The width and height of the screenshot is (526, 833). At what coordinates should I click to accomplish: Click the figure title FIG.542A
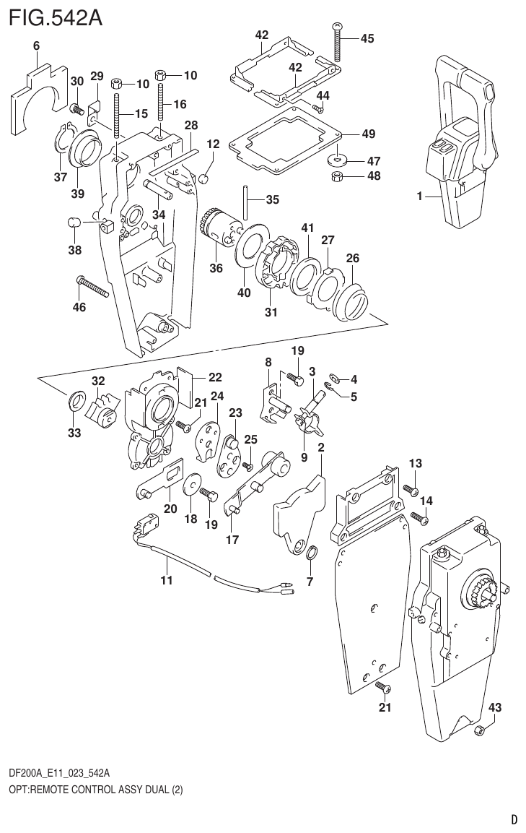point(54,17)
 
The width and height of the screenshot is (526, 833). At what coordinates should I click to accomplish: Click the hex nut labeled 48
point(336,176)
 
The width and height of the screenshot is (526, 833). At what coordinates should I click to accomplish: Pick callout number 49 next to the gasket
point(368,134)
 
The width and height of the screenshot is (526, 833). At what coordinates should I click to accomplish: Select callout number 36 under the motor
point(216,267)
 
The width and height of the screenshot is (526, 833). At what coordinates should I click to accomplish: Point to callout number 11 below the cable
point(167,579)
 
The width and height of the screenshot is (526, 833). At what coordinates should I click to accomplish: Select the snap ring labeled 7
point(311,554)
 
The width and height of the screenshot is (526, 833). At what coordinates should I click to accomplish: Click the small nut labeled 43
point(478,733)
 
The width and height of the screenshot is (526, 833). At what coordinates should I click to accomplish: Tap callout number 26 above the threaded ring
point(352,258)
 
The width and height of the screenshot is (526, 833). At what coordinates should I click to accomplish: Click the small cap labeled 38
point(73,222)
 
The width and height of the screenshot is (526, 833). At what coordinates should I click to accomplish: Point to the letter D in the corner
point(514,819)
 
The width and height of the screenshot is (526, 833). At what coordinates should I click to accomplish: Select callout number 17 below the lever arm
point(232,539)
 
